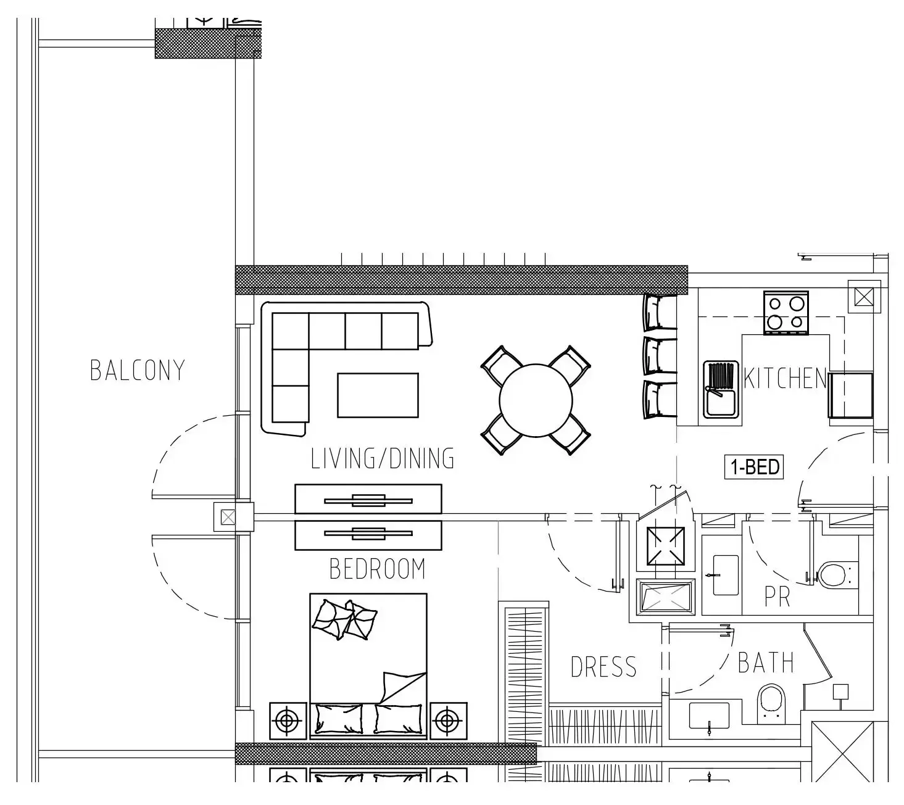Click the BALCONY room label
coord(138,370)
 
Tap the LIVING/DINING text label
coord(383,458)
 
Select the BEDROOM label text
coord(378,569)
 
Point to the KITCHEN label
coord(785,378)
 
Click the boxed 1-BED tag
coord(754,467)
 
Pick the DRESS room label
coord(603,667)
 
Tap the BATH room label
coord(766,663)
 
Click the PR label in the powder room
coord(778,597)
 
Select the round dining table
coord(536,400)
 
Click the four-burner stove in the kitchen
coord(786,313)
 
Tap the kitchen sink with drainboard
coord(721,390)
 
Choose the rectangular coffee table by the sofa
coord(378,395)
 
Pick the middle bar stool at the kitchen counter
coord(660,356)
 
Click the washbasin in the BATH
coord(709,716)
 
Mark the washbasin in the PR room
coord(726,575)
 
